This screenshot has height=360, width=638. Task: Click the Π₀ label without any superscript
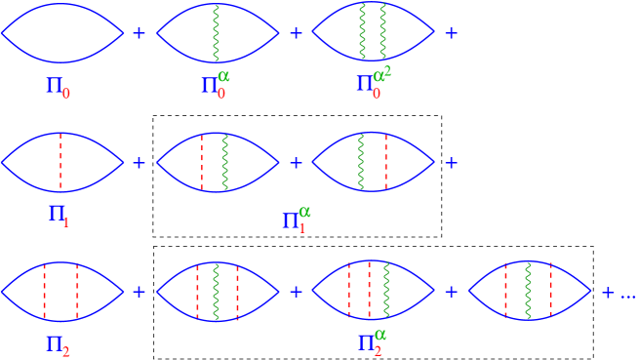pos(57,87)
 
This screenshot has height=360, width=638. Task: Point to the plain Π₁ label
pos(58,214)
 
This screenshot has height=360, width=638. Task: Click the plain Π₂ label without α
pos(58,344)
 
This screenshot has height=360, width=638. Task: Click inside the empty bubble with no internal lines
pos(62,32)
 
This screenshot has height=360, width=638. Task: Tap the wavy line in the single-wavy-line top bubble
pos(217,32)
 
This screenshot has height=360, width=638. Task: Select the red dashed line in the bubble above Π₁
pos(60,161)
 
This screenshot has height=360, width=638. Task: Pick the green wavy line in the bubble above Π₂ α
pos(386,291)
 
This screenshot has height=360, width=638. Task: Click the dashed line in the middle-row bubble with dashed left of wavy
pos(202,161)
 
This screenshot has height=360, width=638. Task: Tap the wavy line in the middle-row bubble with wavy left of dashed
pos(361,161)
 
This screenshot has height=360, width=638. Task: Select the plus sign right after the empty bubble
pos(139,33)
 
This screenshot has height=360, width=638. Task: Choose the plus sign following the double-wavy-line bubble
pos(451,33)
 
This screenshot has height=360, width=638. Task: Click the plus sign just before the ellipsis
pos(608,292)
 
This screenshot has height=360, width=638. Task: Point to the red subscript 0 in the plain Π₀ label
pos(65,94)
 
